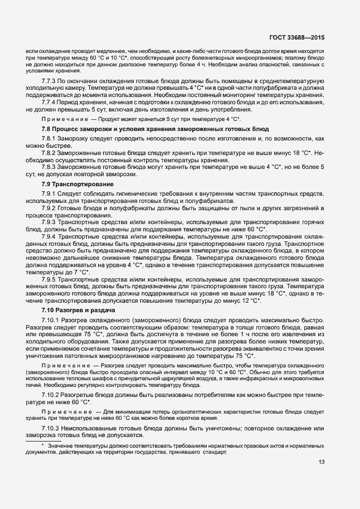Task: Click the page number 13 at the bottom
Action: (x=322, y=462)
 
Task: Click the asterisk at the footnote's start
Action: (x=42, y=445)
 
